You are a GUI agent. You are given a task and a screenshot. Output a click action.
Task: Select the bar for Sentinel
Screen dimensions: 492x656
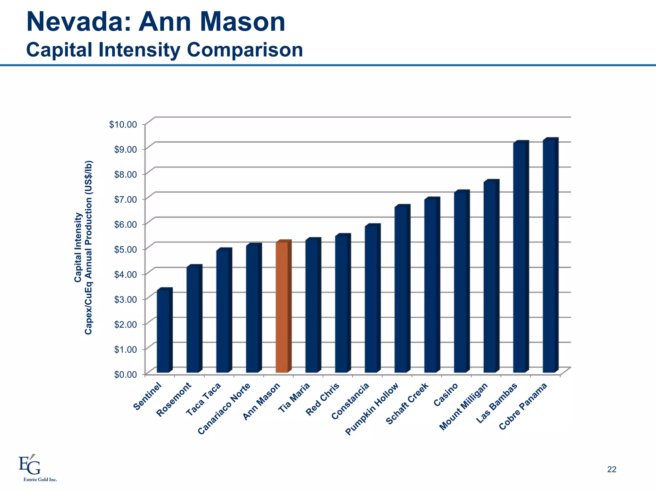[163, 332]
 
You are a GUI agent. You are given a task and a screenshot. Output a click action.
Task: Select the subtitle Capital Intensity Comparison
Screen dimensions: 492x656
[164, 50]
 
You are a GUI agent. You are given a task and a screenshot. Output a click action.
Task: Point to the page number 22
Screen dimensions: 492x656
[611, 469]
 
